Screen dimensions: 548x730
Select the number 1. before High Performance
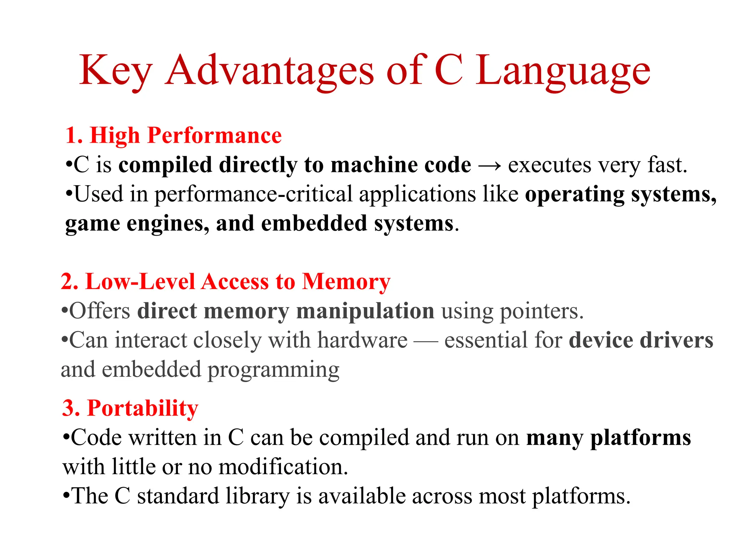click(74, 136)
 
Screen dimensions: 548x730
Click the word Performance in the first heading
click(214, 136)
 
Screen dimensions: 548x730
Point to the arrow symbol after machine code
click(489, 166)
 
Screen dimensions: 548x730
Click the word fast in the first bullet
click(667, 165)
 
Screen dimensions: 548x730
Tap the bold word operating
click(574, 195)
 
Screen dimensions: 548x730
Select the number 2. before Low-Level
click(70, 281)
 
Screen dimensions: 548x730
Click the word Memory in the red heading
click(346, 281)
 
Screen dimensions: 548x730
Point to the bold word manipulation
click(365, 311)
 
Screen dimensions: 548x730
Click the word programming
click(273, 370)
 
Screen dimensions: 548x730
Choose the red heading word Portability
click(142, 408)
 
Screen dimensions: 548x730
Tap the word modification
click(283, 467)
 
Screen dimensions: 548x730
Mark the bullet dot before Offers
click(65, 311)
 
